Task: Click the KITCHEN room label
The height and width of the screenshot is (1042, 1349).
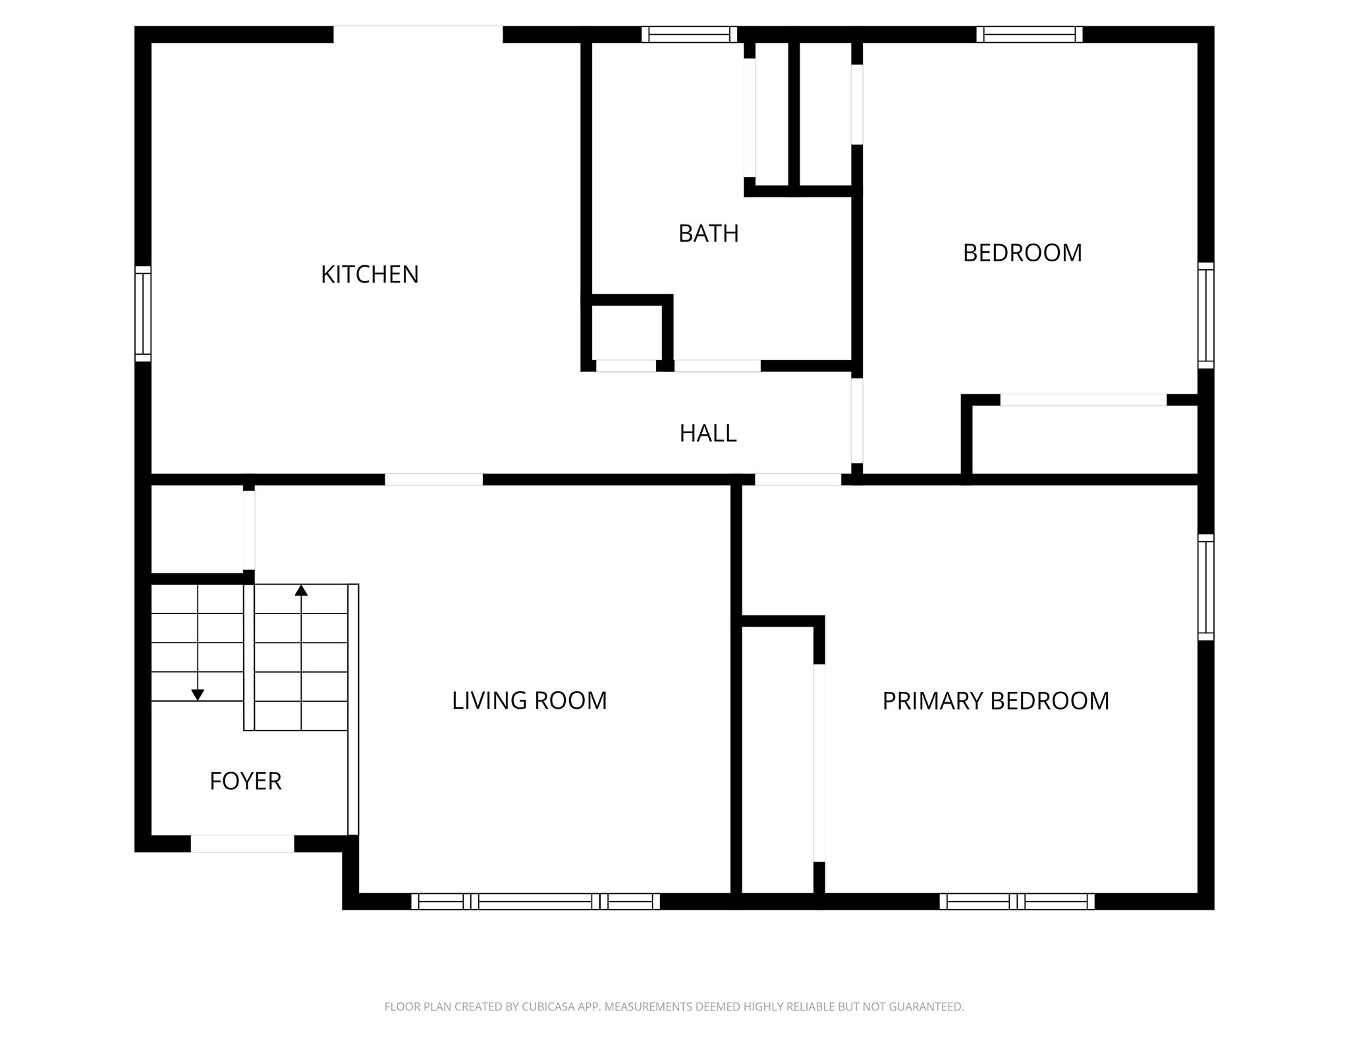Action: [x=370, y=274]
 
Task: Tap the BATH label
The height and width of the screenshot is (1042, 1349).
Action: [x=708, y=234]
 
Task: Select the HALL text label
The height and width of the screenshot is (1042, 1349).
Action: [x=708, y=433]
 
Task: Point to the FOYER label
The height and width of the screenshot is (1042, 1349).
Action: [x=245, y=781]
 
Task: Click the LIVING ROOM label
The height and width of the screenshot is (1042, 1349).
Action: [x=529, y=700]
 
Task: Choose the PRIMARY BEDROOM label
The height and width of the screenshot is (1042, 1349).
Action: [x=995, y=701]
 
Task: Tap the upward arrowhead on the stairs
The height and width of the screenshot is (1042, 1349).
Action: [x=301, y=590]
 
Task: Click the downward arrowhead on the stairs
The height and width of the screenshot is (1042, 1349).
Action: [x=198, y=695]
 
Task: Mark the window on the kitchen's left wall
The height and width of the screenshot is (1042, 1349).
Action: [x=143, y=314]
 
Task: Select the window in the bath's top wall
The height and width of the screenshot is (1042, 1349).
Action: [x=689, y=34]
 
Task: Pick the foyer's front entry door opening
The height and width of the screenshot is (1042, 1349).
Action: [x=242, y=844]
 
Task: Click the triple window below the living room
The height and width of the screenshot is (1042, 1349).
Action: [x=536, y=902]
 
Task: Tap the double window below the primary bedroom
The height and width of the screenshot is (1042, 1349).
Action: [x=1017, y=902]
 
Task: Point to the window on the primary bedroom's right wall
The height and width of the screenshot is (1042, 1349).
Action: [x=1205, y=587]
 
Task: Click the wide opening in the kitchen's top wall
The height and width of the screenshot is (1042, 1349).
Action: [x=418, y=34]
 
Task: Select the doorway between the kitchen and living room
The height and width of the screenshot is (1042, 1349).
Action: [x=433, y=480]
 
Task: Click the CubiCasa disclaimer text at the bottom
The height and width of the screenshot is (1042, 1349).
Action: [x=674, y=1006]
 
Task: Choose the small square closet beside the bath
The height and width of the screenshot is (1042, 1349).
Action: [x=626, y=332]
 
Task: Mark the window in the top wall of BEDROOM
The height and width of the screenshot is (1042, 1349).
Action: [x=1030, y=34]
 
